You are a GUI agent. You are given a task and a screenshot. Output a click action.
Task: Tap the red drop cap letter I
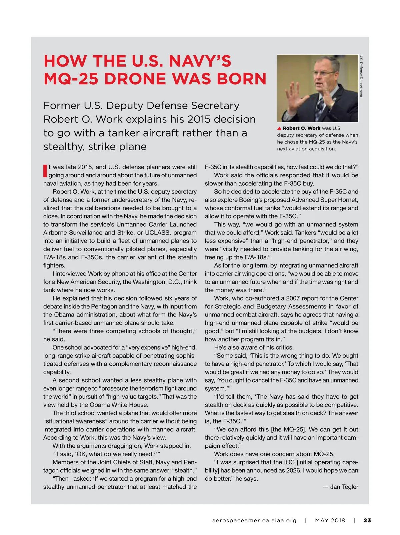point(45,171)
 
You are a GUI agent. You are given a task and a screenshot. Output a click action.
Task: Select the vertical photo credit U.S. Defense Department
point(361,76)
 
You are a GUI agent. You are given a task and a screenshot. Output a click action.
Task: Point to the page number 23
point(367,520)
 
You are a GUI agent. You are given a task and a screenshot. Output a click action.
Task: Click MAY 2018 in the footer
point(330,520)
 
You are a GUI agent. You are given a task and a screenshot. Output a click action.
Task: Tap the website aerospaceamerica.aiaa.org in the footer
point(254,520)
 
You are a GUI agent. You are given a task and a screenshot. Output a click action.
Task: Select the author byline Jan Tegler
point(344,487)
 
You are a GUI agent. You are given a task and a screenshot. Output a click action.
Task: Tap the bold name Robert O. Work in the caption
point(301,128)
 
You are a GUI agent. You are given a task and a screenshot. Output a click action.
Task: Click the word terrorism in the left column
point(159,388)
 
